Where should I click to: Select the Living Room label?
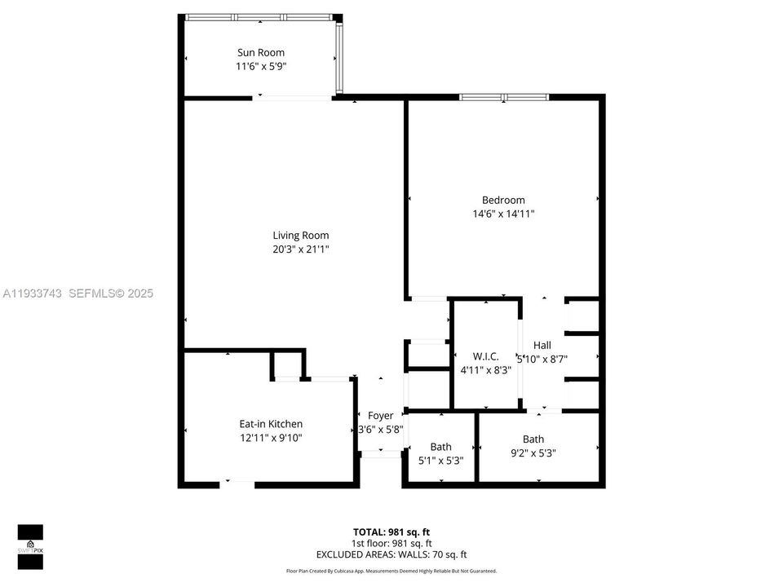click(x=301, y=236)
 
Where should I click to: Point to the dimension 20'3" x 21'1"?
click(x=301, y=249)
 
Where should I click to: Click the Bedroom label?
click(x=503, y=200)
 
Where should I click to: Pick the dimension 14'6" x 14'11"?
click(x=503, y=214)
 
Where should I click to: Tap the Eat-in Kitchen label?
click(x=271, y=424)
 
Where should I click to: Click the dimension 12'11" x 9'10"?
click(x=271, y=438)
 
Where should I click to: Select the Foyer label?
click(x=381, y=416)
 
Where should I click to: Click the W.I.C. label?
click(x=485, y=356)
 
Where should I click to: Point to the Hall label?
click(x=542, y=345)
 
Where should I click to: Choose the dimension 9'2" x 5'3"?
click(x=533, y=453)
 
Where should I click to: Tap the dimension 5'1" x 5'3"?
click(x=440, y=460)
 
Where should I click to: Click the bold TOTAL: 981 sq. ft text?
click(x=391, y=532)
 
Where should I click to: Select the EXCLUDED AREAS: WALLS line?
click(x=391, y=554)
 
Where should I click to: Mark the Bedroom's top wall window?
click(x=503, y=97)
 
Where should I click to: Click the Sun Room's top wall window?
click(x=259, y=16)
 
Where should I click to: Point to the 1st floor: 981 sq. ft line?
click(x=391, y=543)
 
